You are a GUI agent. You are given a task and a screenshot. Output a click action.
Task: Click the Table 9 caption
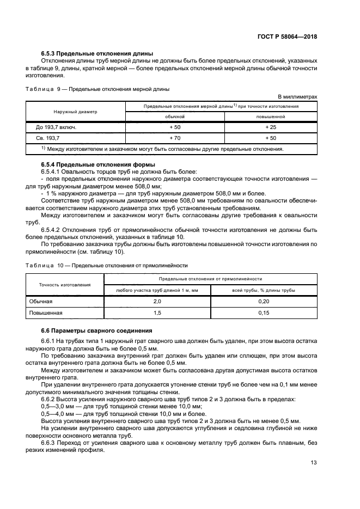[97, 89]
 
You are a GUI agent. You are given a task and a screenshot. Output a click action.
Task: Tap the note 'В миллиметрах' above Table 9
[297, 96]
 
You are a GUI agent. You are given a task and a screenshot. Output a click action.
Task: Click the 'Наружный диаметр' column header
[75, 111]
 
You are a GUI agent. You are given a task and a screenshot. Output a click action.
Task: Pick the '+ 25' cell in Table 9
[270, 127]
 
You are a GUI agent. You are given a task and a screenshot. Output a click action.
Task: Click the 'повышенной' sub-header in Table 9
[270, 116]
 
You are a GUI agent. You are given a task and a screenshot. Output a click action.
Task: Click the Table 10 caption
[106, 265]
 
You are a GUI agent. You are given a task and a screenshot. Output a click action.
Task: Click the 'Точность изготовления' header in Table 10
[64, 285]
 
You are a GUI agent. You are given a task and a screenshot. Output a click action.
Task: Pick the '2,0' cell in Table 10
[157, 301]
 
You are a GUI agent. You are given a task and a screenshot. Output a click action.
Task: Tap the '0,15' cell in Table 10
[264, 312]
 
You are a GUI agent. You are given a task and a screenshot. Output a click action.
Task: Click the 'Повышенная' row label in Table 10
[46, 312]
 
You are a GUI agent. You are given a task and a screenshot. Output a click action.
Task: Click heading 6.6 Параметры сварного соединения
[97, 330]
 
